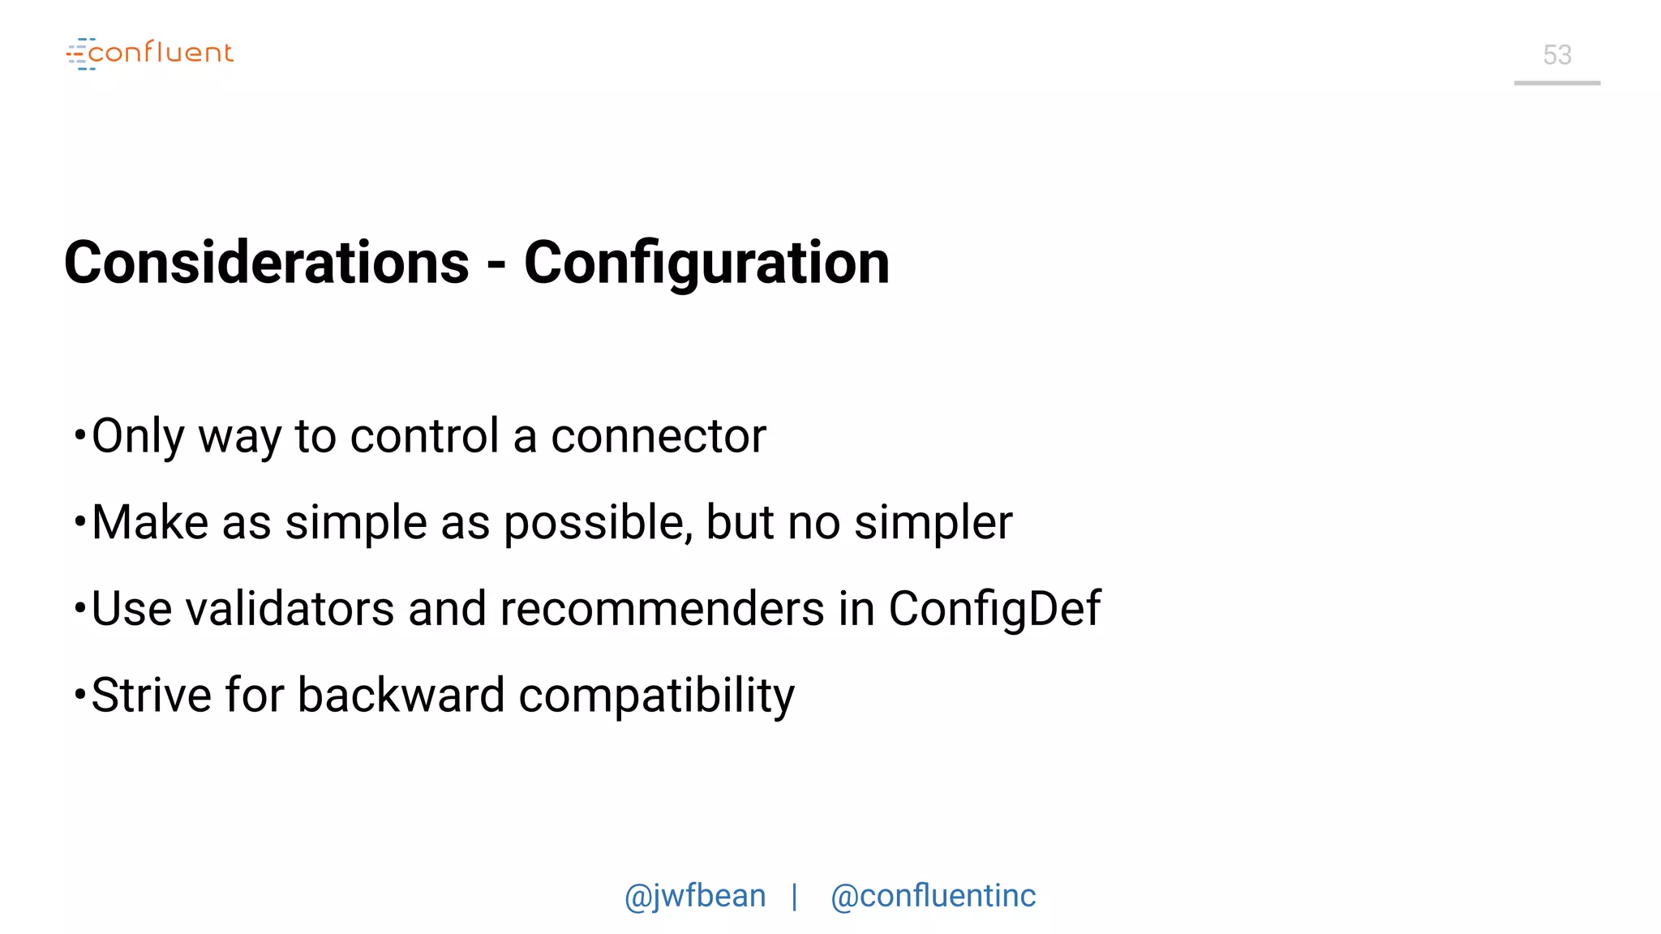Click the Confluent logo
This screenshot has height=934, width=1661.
point(150,54)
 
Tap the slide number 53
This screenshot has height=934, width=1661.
point(1556,55)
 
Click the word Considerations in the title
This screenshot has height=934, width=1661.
point(267,263)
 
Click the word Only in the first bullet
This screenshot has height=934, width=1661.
point(138,437)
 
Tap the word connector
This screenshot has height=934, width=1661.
point(658,437)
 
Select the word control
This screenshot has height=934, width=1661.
point(424,437)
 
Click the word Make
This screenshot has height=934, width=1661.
point(150,522)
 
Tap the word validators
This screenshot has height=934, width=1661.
point(290,609)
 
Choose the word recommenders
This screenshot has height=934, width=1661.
point(662,609)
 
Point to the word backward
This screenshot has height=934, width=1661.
point(401,696)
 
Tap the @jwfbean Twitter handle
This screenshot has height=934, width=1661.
point(695,897)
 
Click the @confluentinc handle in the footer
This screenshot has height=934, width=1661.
point(934,897)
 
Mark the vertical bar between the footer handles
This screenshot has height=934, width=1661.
point(795,897)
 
